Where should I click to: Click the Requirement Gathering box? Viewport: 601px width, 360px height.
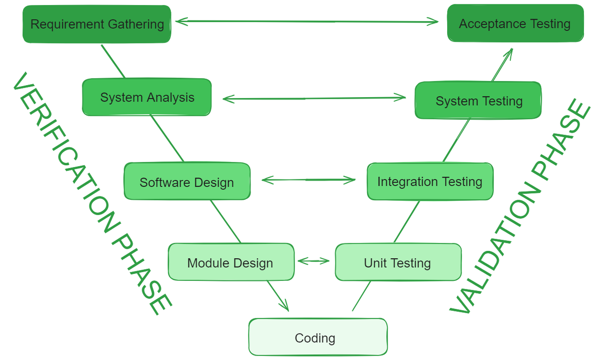(x=97, y=24)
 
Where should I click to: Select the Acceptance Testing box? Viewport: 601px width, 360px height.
(x=515, y=24)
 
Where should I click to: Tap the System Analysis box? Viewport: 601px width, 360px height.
(x=147, y=97)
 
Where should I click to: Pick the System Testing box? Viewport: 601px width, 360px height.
(x=478, y=101)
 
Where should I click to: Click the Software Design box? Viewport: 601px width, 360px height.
(x=187, y=182)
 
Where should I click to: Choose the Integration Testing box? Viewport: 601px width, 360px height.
(x=430, y=181)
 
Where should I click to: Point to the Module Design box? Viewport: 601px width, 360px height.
(x=230, y=262)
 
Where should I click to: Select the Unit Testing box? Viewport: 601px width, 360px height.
(x=398, y=262)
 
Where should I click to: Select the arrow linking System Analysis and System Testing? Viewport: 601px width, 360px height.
(x=314, y=98)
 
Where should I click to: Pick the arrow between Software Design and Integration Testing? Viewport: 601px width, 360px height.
(x=308, y=180)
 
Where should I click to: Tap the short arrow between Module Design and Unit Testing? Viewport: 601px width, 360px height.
(x=314, y=261)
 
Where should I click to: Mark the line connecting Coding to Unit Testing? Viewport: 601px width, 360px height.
(x=361, y=296)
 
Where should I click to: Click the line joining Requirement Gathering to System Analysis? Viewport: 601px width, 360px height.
(x=113, y=62)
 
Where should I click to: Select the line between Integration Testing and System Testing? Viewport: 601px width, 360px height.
(x=456, y=141)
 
